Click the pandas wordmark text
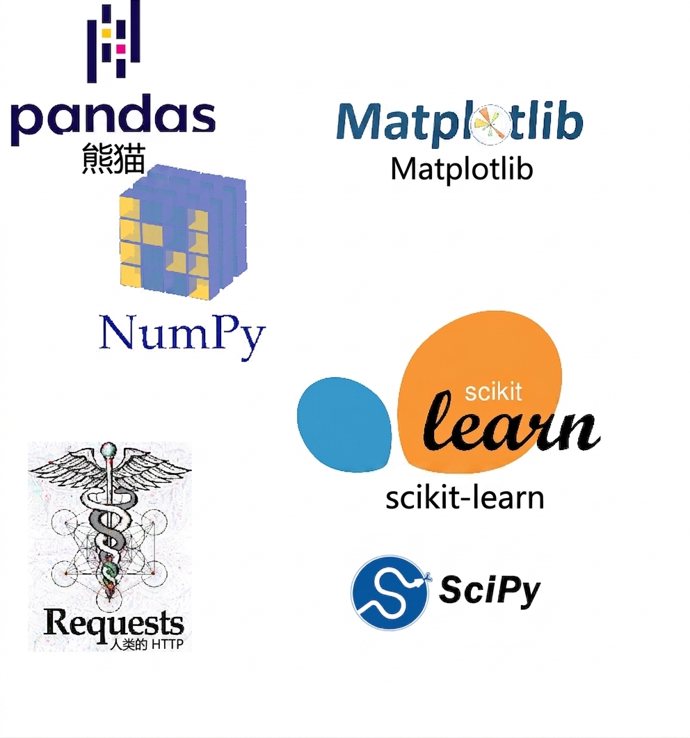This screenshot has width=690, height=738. [113, 120]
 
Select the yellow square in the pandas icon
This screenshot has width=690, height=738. [107, 33]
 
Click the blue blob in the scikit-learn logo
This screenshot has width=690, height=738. [344, 424]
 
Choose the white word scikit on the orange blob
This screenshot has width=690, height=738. [493, 392]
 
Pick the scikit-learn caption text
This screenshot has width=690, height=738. [465, 498]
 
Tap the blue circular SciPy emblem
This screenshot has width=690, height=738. [390, 593]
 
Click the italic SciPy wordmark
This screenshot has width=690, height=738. [490, 590]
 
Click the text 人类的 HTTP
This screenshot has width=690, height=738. [146, 644]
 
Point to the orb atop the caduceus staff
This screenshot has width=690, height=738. [109, 449]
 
